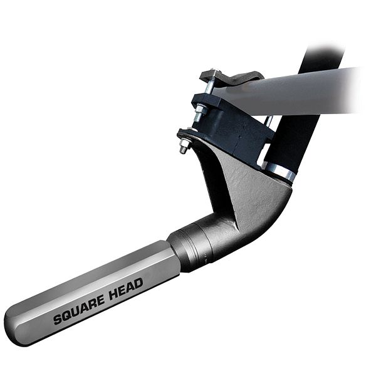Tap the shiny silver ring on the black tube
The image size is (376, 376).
279,170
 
